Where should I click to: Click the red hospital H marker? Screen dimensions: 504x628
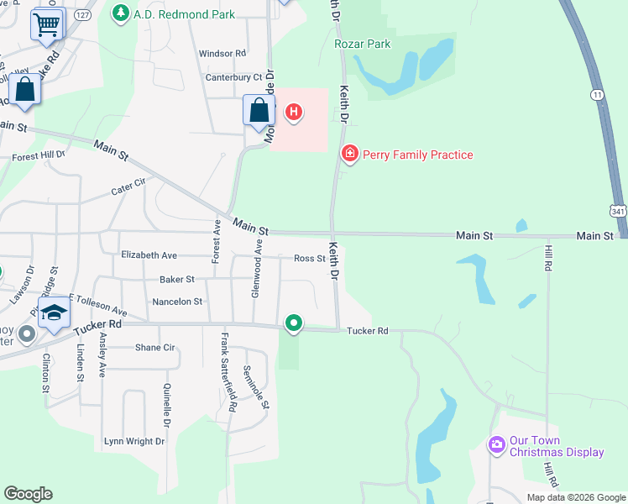coord(294,111)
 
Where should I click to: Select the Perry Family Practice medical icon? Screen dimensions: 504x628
coord(349,154)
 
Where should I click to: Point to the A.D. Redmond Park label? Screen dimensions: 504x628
coord(184,14)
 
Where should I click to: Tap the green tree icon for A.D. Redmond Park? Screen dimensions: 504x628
coord(121,13)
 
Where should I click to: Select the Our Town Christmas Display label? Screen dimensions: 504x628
coord(556,446)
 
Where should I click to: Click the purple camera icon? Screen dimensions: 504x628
coord(496,444)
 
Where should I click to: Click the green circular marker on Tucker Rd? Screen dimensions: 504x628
coord(294,323)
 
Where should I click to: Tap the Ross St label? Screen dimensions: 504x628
coord(309,259)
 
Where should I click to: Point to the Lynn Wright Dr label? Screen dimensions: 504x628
coord(135,441)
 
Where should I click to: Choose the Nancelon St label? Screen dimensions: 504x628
coord(177,301)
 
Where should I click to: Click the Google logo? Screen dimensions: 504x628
coord(28,494)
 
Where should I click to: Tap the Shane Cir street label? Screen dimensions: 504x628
coord(154,347)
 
